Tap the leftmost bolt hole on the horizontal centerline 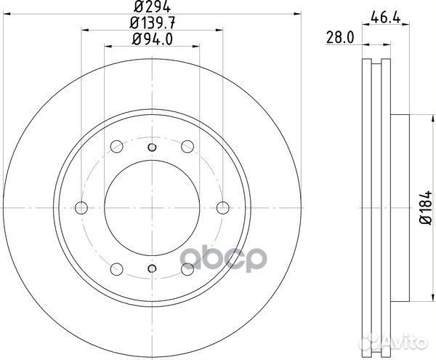pos(81,208)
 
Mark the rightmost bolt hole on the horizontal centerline pos(222,208)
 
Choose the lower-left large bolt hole pos(116,268)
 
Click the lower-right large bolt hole pos(187,268)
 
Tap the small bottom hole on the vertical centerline pos(151,268)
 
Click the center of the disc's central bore pos(151,208)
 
